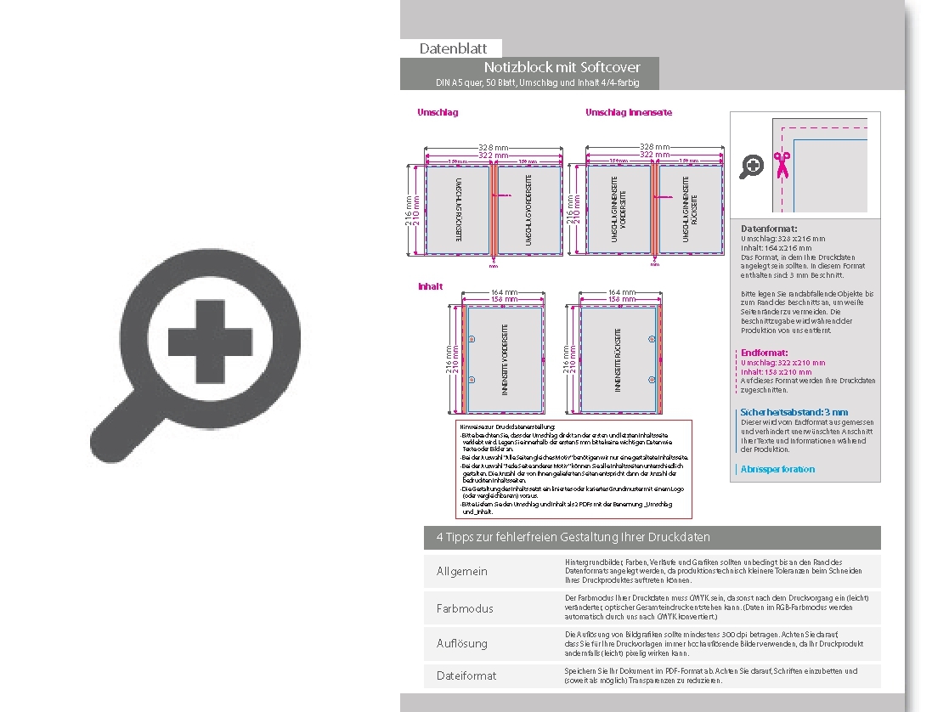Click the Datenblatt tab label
[x=453, y=49]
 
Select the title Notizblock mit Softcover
[x=562, y=67]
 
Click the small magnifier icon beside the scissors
[x=752, y=166]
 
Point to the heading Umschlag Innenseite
[x=629, y=112]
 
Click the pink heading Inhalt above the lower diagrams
[x=431, y=287]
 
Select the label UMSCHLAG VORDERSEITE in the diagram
[x=528, y=210]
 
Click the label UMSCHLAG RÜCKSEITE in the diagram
[x=458, y=210]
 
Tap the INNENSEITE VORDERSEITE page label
[x=505, y=359]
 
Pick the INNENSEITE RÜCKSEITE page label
[x=618, y=359]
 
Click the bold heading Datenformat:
[x=769, y=229]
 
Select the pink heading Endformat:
[x=764, y=353]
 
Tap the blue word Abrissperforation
[x=777, y=469]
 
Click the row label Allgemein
[x=462, y=572]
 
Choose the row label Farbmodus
[x=465, y=608]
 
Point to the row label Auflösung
[x=462, y=643]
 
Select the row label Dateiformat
[x=466, y=675]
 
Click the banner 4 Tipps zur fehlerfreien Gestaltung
[x=573, y=538]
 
